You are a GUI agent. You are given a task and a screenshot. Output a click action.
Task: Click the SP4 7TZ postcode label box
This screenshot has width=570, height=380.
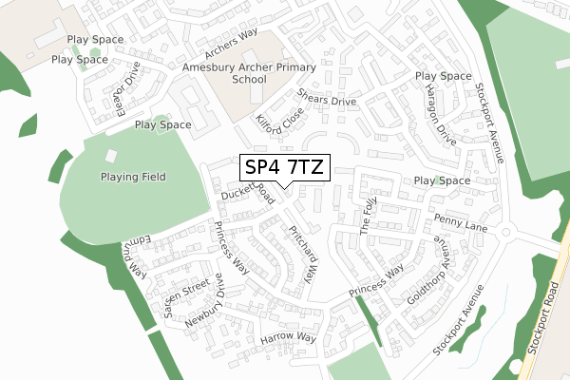[x=282, y=167]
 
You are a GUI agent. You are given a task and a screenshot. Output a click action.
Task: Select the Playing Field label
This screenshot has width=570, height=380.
[x=134, y=177]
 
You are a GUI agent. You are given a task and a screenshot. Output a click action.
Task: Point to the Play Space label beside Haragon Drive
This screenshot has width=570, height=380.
[x=442, y=76]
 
